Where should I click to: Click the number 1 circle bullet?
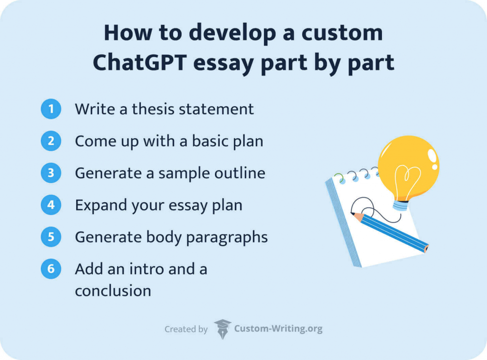click(x=51, y=109)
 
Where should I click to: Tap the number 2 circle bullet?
click(x=51, y=141)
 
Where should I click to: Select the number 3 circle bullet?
click(x=51, y=173)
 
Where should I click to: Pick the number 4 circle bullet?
click(x=51, y=205)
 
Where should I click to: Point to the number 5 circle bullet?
click(x=51, y=237)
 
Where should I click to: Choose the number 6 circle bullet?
click(x=51, y=269)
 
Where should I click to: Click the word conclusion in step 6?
click(x=113, y=290)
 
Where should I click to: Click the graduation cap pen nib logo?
click(x=222, y=329)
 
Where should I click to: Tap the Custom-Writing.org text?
click(x=278, y=329)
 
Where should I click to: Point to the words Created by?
click(x=186, y=329)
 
